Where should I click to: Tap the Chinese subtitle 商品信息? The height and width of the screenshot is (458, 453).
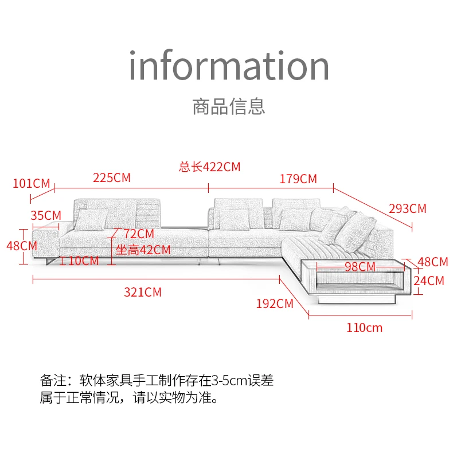click(x=229, y=106)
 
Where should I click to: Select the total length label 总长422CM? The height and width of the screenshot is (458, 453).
click(x=209, y=167)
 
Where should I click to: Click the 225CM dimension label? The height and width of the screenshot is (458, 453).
click(x=112, y=177)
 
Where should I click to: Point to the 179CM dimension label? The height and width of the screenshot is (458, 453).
click(x=298, y=179)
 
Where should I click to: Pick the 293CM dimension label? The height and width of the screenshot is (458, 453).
click(x=408, y=208)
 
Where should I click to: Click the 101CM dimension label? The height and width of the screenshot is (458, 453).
click(x=32, y=184)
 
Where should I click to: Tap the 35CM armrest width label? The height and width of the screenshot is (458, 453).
click(x=46, y=215)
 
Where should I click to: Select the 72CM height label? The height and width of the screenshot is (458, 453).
click(x=138, y=234)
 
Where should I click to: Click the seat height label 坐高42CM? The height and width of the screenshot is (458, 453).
click(x=143, y=250)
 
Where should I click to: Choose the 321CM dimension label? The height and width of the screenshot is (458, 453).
click(x=143, y=292)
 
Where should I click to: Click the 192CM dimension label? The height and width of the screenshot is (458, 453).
click(x=275, y=303)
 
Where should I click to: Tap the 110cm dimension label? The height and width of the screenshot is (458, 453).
click(x=364, y=328)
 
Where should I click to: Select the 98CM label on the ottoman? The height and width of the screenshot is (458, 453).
click(x=360, y=266)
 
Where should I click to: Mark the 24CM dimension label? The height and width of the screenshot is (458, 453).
click(x=429, y=281)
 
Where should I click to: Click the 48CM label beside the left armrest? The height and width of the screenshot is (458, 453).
click(x=22, y=245)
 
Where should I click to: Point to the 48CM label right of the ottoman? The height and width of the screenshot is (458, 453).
click(x=432, y=262)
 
